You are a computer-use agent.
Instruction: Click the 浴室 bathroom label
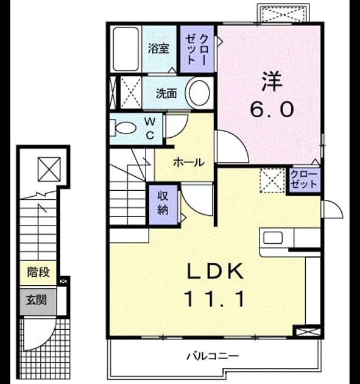click(x=158, y=48)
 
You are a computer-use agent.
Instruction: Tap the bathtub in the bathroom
click(x=126, y=49)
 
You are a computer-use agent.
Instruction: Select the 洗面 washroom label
click(x=166, y=93)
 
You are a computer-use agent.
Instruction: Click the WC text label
click(x=150, y=128)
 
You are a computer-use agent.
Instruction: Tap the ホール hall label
click(x=189, y=162)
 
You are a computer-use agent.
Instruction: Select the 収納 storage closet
click(x=163, y=204)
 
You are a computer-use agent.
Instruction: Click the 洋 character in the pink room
click(x=272, y=81)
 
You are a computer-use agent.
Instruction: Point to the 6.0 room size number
click(x=272, y=110)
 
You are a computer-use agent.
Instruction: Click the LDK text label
click(x=216, y=271)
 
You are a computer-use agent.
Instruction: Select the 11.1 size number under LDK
click(x=216, y=299)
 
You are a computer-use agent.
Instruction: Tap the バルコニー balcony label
click(x=213, y=356)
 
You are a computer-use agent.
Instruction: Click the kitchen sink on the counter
click(x=273, y=238)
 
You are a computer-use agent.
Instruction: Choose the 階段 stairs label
click(x=38, y=272)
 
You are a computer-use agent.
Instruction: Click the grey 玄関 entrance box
click(x=38, y=302)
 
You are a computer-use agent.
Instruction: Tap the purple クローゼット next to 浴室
click(x=197, y=49)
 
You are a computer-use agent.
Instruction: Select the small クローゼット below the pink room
click(x=304, y=180)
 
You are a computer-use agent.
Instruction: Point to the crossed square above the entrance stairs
click(x=49, y=169)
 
